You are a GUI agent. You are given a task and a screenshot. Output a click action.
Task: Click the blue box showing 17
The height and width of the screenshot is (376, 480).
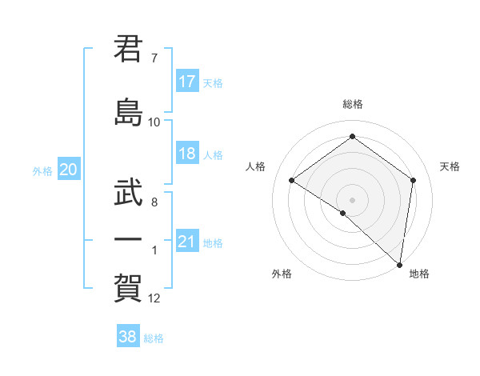tap(187, 82)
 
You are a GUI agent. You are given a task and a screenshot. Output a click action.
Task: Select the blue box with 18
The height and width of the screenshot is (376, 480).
tap(187, 154)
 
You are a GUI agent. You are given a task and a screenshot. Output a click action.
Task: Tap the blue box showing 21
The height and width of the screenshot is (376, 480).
tap(187, 242)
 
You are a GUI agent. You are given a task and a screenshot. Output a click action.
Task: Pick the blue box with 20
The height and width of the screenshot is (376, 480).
tap(69, 170)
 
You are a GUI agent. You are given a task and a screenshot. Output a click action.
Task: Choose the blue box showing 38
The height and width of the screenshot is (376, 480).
tap(128, 337)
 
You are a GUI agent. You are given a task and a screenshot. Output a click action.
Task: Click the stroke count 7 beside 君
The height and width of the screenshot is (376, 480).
tap(154, 58)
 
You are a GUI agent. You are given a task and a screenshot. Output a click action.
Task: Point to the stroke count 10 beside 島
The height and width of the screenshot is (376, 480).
tap(154, 122)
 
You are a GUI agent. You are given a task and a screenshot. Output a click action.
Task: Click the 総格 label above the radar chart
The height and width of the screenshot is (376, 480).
tap(352, 105)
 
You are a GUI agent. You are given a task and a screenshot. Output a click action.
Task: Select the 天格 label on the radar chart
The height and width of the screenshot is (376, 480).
tap(450, 166)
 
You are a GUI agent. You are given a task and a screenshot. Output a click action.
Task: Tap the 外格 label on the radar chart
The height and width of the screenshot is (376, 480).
tap(282, 274)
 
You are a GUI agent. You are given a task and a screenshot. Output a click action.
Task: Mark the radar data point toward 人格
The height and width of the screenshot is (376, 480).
tap(292, 181)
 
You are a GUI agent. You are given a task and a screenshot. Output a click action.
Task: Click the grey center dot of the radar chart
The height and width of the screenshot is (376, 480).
tap(352, 199)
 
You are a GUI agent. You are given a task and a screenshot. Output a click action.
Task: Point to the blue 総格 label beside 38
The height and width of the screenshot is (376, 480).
tap(154, 338)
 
